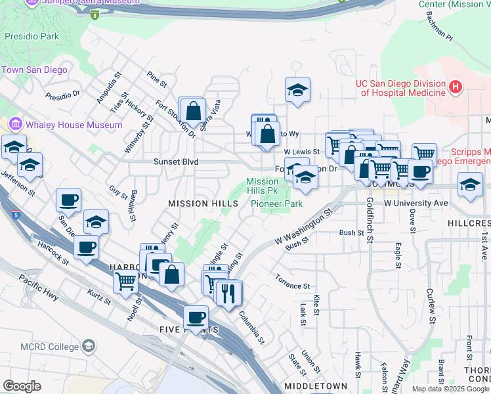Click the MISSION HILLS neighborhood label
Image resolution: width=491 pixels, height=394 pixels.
tap(203, 204)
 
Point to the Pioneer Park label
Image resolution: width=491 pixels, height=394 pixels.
tap(276, 204)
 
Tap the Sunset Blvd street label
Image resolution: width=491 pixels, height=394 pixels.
tap(176, 162)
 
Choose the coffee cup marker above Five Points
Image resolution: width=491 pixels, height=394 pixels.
tap(195, 317)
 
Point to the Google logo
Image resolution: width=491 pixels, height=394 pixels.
tap(22, 386)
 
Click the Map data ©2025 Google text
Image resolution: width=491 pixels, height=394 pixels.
tap(450, 389)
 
